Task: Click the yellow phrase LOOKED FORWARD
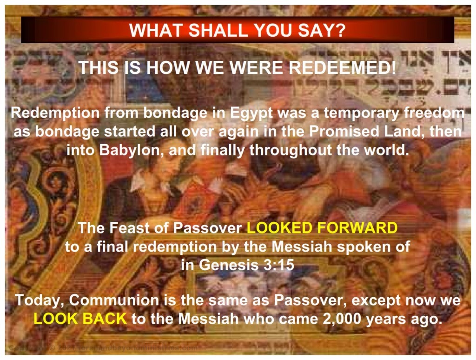[x=322, y=228]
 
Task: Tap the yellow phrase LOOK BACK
[x=80, y=319]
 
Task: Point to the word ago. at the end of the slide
[x=426, y=319]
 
